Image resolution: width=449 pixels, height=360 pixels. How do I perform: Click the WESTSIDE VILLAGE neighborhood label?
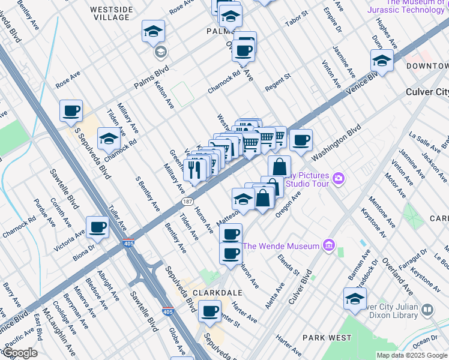point(109,13)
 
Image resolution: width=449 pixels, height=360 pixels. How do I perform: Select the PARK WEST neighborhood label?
point(327,338)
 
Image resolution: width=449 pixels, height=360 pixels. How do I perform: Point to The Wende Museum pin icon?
point(328,245)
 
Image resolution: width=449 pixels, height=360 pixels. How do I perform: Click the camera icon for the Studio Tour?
point(339,178)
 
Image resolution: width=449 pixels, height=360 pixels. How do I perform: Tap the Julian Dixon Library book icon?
point(427,310)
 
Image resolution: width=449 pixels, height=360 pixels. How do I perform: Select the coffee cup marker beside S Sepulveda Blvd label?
point(71,110)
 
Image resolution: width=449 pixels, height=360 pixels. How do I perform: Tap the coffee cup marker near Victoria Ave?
point(97,227)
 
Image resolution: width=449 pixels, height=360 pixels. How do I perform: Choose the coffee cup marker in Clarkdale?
point(209,311)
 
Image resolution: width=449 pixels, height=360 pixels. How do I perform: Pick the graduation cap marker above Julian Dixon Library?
point(355,298)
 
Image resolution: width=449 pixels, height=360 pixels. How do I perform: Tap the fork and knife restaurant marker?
point(194,170)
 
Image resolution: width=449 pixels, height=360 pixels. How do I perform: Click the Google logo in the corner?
point(19,352)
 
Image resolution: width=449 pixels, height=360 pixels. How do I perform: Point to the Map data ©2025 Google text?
point(411,355)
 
